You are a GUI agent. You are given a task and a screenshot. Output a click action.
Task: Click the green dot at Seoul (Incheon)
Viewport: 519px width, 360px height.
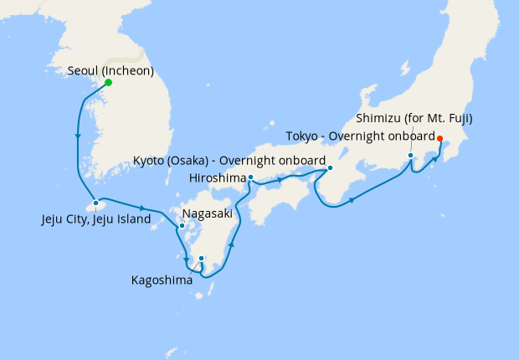[x=109, y=82]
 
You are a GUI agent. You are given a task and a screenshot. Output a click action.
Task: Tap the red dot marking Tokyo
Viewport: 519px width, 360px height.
[x=440, y=139]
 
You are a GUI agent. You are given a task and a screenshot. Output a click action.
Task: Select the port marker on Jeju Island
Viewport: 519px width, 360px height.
[x=96, y=203]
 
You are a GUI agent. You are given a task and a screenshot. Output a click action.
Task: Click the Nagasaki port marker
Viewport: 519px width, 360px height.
[x=182, y=225]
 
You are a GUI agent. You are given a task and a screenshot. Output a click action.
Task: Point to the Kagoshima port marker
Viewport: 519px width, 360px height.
[x=202, y=258]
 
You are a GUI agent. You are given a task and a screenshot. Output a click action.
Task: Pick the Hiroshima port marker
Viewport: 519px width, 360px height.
[x=251, y=177]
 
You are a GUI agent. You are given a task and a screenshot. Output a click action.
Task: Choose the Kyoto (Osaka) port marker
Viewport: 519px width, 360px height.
[x=330, y=167]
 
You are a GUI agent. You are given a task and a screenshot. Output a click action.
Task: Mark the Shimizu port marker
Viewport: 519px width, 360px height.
[x=411, y=155]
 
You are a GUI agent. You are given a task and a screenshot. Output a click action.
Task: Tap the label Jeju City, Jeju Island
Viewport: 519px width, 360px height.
[x=96, y=219]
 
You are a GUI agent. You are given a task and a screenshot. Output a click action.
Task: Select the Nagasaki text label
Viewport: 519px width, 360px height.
[x=207, y=213]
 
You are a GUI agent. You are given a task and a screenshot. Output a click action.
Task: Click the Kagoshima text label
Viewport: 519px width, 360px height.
[x=162, y=280]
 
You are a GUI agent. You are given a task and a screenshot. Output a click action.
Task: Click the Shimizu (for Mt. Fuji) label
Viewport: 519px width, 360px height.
[x=414, y=118]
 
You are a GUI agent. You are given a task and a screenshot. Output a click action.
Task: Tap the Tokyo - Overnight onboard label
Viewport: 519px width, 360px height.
[x=360, y=136]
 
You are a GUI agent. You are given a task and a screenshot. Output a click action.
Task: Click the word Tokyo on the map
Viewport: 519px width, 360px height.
[x=301, y=136]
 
